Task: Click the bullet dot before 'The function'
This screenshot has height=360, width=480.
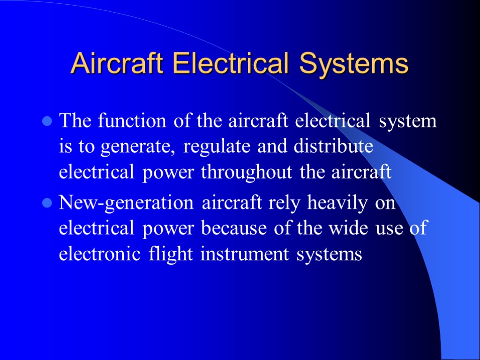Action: pyautogui.click(x=46, y=122)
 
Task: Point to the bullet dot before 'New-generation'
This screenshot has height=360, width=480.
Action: pyautogui.click(x=46, y=204)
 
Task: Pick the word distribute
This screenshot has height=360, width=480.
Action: pyautogui.click(x=333, y=146)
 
